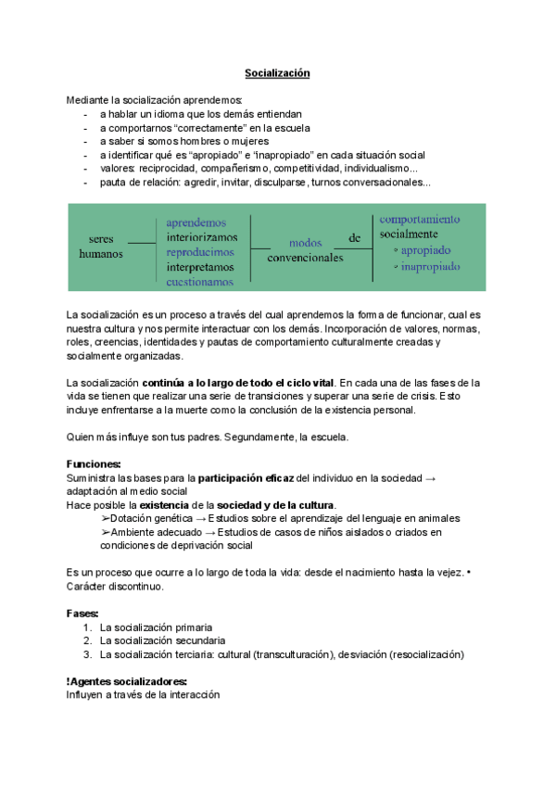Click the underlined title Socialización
point(276,72)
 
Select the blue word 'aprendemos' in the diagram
point(196,222)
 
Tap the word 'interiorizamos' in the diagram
point(202,237)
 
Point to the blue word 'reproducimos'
point(201,252)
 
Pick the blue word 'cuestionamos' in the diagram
point(200,282)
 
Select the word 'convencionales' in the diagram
point(305,258)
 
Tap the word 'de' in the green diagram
point(354,238)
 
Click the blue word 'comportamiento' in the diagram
point(419,220)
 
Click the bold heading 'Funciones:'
point(94,463)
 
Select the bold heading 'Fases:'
point(83,613)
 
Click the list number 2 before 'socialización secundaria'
point(87,640)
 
